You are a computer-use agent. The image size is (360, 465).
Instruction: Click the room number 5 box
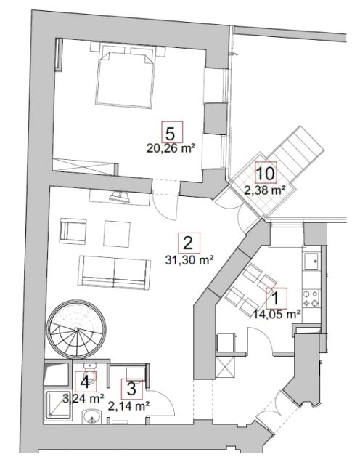click(172, 132)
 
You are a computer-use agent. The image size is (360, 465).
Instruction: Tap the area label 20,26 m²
click(171, 148)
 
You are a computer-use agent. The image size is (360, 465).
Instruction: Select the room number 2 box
click(189, 243)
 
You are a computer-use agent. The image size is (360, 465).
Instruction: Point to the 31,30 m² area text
click(189, 260)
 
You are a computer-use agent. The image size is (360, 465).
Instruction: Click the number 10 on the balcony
click(266, 172)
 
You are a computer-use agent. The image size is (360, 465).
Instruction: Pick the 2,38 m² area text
click(266, 190)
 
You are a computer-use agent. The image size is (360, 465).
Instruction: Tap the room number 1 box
click(276, 298)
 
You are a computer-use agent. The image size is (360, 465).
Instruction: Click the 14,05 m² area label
click(277, 314)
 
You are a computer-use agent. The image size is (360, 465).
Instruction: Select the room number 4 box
click(86, 381)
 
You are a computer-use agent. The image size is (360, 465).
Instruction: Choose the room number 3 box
click(131, 389)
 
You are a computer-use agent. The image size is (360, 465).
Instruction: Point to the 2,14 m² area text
click(128, 405)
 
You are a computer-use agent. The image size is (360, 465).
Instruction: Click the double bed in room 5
click(124, 76)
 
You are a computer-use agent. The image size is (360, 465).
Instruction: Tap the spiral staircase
click(77, 329)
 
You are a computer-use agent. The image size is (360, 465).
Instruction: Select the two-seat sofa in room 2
click(115, 273)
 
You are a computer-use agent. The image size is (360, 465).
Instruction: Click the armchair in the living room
click(73, 231)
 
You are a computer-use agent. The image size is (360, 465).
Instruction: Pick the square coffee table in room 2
click(117, 234)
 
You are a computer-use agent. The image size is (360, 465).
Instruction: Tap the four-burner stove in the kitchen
click(311, 299)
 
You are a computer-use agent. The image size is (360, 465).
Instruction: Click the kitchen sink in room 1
click(311, 261)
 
